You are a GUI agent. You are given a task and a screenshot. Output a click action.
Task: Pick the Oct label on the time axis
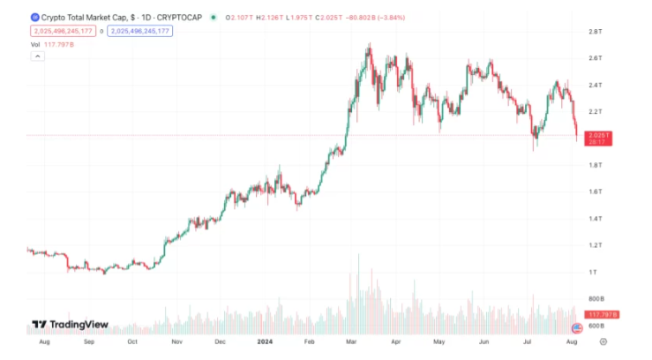point(132,340)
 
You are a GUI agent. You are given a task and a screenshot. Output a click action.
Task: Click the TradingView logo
point(70,325)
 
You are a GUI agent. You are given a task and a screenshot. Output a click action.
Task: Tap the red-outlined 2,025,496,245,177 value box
point(63,32)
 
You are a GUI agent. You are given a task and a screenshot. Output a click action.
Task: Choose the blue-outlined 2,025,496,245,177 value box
point(140,32)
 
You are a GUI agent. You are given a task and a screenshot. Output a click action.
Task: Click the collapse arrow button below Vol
point(37,56)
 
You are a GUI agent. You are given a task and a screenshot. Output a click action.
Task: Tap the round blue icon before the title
point(34,17)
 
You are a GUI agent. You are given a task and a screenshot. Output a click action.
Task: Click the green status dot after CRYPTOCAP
point(214,17)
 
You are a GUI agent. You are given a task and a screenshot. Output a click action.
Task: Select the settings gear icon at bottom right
point(603,341)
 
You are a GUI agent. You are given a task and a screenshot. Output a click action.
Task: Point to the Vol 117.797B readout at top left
point(50,44)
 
